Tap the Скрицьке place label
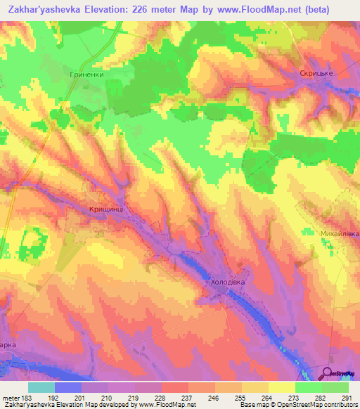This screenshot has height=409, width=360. (x=314, y=73)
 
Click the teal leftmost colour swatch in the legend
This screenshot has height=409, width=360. (x=41, y=387)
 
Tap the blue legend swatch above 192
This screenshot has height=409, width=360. (x=68, y=387)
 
